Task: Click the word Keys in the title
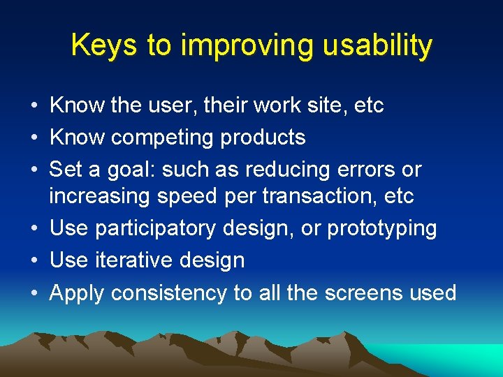103,46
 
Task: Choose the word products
263,138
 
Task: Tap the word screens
362,293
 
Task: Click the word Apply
78,293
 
